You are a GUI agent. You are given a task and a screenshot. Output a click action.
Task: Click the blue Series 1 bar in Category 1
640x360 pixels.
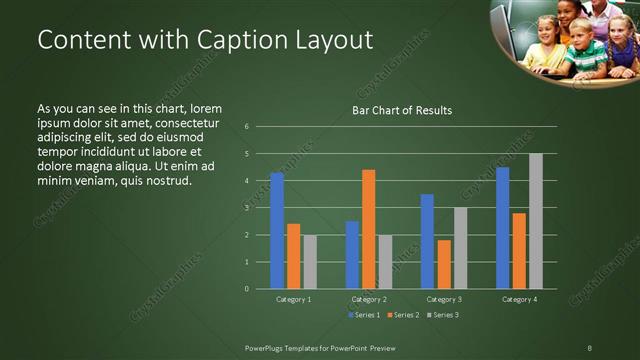click(x=277, y=231)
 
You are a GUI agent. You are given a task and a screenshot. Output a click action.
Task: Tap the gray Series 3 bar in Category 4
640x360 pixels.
click(x=536, y=221)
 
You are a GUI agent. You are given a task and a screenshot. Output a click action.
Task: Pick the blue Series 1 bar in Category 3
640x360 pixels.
click(x=427, y=241)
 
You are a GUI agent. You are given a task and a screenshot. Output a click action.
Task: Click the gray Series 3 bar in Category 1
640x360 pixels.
click(x=310, y=262)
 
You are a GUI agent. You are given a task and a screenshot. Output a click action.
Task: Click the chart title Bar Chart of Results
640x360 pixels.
click(x=401, y=110)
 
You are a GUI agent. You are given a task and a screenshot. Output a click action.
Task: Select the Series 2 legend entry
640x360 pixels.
click(x=404, y=315)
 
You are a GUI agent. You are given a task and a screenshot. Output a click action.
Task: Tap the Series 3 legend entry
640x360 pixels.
click(x=444, y=315)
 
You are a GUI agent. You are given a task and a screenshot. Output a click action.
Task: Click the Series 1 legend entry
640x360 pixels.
click(x=365, y=315)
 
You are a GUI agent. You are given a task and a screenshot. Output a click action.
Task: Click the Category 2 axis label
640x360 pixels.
click(x=368, y=299)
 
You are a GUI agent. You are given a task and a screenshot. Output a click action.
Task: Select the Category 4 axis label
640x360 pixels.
click(x=518, y=299)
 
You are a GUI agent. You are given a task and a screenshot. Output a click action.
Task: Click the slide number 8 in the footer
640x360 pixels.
click(x=589, y=347)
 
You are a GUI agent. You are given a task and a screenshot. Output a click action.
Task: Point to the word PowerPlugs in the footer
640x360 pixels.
click(x=268, y=347)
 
